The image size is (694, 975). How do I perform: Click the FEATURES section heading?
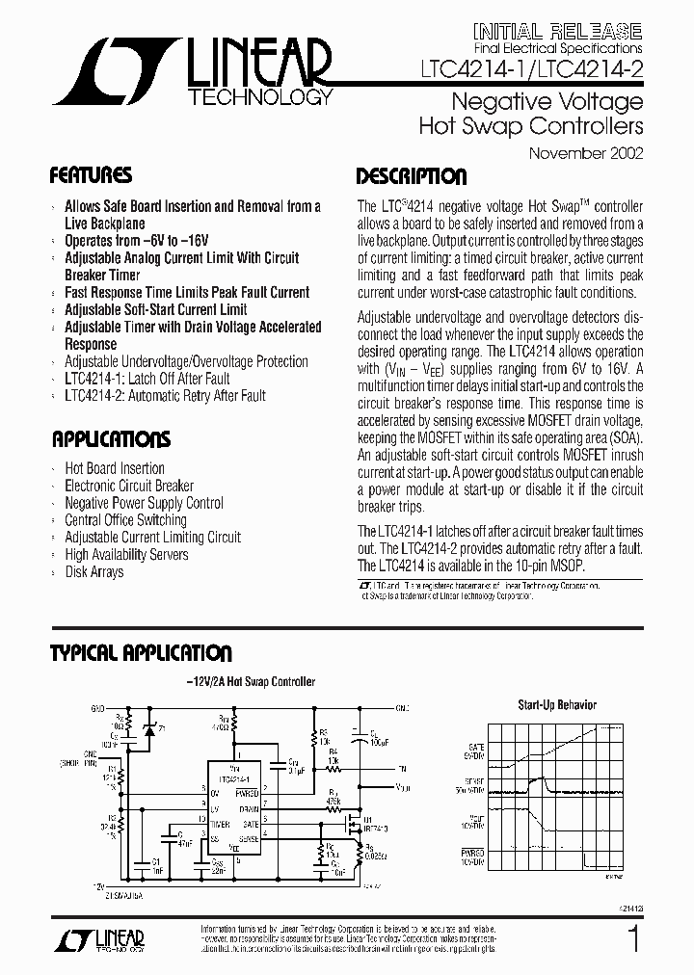[91, 176]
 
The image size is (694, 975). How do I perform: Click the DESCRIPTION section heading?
[412, 176]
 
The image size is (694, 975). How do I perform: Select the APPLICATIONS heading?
[110, 440]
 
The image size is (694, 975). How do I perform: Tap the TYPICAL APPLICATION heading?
[141, 653]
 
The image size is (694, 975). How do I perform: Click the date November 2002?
[586, 152]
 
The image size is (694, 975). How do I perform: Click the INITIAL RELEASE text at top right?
[558, 30]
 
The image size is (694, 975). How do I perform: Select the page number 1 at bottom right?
[632, 938]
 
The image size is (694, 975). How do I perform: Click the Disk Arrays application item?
[93, 571]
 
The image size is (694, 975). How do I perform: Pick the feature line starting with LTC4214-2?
[165, 395]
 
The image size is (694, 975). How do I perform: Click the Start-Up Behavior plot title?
[557, 704]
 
